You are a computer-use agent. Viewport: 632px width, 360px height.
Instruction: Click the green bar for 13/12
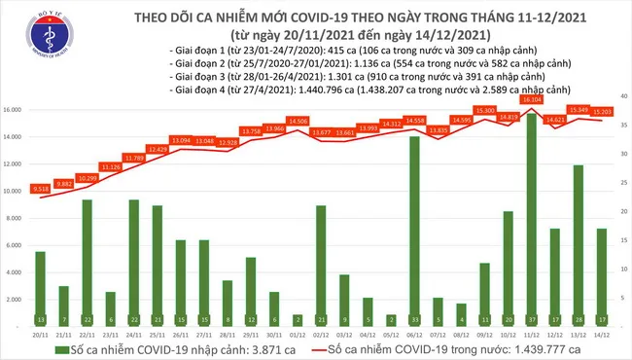tap(579, 243)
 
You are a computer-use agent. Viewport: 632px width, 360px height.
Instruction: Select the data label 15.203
tap(600, 111)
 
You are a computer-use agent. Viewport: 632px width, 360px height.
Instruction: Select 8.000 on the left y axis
tap(17, 218)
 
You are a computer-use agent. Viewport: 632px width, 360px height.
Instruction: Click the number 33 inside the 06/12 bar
tap(415, 318)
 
